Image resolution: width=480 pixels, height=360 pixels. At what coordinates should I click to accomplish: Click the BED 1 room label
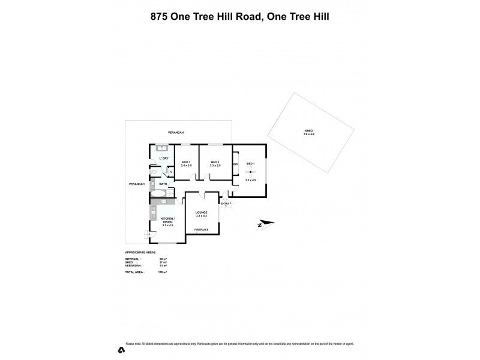click(x=250, y=164)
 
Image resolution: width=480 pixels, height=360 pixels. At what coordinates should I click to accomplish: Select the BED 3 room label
click(x=185, y=163)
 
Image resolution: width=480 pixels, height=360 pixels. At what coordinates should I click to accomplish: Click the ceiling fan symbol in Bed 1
click(x=250, y=175)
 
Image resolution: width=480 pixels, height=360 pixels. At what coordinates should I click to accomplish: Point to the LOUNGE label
click(x=201, y=212)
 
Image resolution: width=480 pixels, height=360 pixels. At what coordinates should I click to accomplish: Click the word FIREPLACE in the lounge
click(x=201, y=229)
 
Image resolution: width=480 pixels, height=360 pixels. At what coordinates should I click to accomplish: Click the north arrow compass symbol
click(x=265, y=224)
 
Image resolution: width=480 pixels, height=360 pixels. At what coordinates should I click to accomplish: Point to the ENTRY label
click(x=226, y=203)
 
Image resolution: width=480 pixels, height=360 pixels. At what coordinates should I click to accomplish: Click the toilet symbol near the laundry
click(x=154, y=172)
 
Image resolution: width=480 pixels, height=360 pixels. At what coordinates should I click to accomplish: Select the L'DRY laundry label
click(x=164, y=158)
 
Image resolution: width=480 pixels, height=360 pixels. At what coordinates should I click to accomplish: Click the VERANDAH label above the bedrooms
click(x=175, y=132)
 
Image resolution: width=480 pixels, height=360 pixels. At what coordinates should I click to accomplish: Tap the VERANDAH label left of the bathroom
click(x=137, y=184)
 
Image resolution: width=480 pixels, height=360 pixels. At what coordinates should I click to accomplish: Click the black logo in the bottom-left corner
click(x=122, y=349)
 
